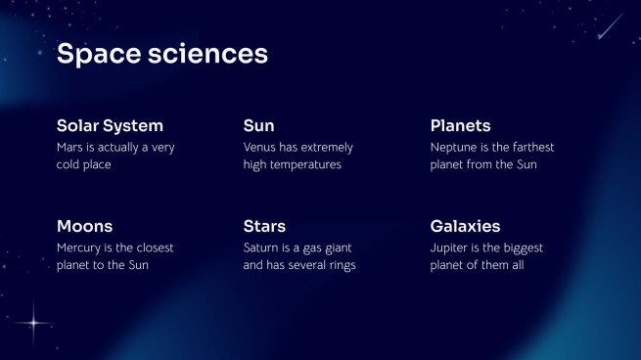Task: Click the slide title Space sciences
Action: [x=161, y=54]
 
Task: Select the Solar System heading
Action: [x=110, y=125]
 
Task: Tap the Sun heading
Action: [x=258, y=125]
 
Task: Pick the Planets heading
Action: [x=460, y=125]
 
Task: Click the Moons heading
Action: [x=84, y=226]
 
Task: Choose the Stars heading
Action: [x=264, y=226]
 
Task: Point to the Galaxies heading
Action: [x=465, y=226]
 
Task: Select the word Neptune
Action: [x=456, y=147]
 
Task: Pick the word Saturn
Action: [x=262, y=247]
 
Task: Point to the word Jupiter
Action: [x=451, y=247]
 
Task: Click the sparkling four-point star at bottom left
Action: [x=37, y=320]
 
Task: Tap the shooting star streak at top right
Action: [x=610, y=26]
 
